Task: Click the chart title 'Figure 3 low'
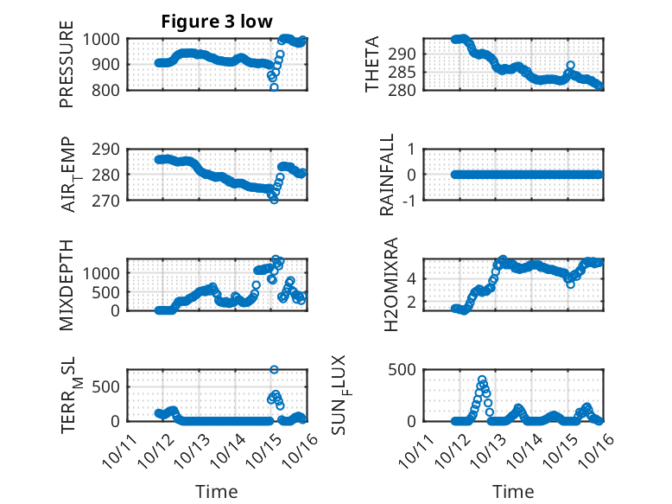(x=217, y=22)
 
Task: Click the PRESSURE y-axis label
(x=67, y=64)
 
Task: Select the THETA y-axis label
(x=372, y=64)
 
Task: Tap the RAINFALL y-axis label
(x=388, y=175)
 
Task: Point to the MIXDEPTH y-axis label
(x=67, y=285)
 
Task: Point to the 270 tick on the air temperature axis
(x=110, y=200)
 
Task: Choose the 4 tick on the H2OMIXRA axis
(x=413, y=278)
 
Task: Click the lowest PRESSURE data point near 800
(x=274, y=87)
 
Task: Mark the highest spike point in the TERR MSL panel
(x=274, y=369)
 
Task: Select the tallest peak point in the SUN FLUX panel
(x=482, y=380)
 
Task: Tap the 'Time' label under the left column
(x=217, y=491)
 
